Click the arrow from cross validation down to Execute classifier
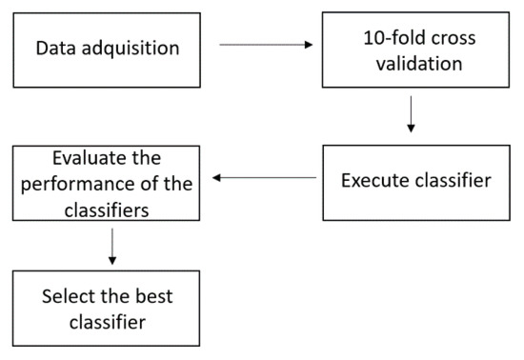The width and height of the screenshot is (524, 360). coord(411,113)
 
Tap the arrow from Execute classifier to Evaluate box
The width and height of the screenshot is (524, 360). coord(264,177)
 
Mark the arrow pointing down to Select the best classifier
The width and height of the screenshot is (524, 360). coord(112,246)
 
